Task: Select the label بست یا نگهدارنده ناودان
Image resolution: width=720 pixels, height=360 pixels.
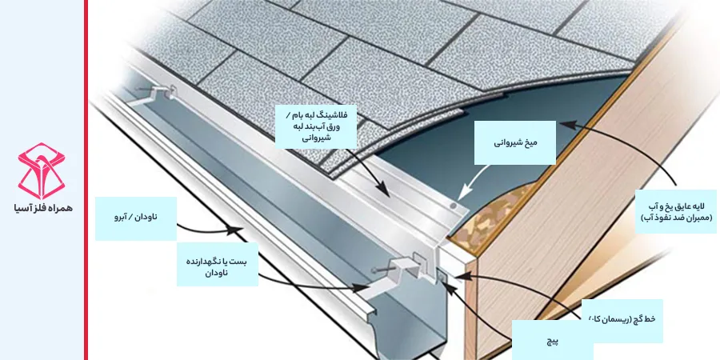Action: (x=217, y=266)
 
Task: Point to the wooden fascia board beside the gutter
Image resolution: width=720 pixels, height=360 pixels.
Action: (x=560, y=264)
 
